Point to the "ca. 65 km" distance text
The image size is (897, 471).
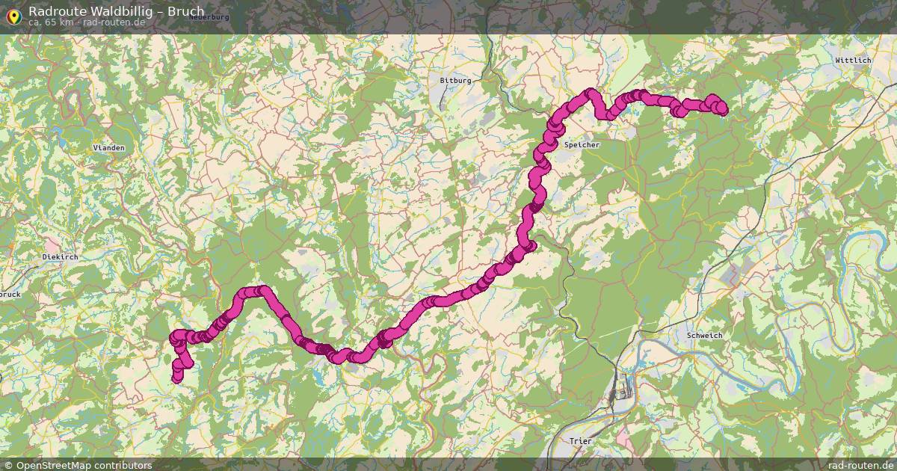point(52,22)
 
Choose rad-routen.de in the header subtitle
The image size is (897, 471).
point(113,22)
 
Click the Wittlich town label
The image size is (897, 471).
point(853,60)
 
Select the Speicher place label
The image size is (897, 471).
point(582,144)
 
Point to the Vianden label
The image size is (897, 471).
point(108,148)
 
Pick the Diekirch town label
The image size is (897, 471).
point(60,256)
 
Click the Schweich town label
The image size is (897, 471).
point(704,336)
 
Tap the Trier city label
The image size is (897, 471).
point(580,441)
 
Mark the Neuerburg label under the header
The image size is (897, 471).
point(209,16)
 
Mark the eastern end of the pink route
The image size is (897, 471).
point(721,109)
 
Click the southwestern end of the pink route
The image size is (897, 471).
point(177,378)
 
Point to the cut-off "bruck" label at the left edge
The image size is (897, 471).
point(10,295)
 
